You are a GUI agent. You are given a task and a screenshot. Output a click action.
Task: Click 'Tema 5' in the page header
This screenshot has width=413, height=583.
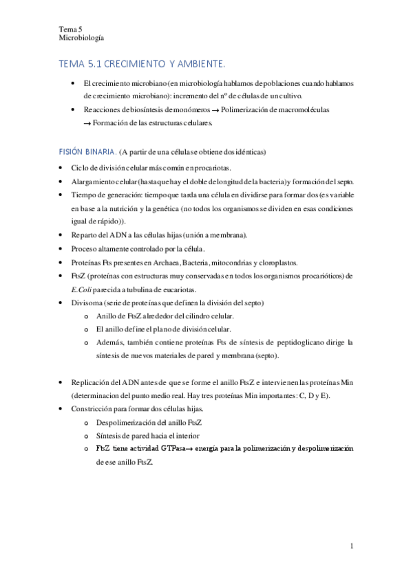pos(70,30)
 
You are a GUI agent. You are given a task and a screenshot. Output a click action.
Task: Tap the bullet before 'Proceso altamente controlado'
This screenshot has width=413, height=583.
pos(63,248)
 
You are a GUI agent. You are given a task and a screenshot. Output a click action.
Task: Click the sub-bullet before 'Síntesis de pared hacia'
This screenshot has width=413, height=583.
pos(85,435)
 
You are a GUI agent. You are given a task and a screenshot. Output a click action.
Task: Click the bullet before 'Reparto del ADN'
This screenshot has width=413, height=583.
pos(63,235)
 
